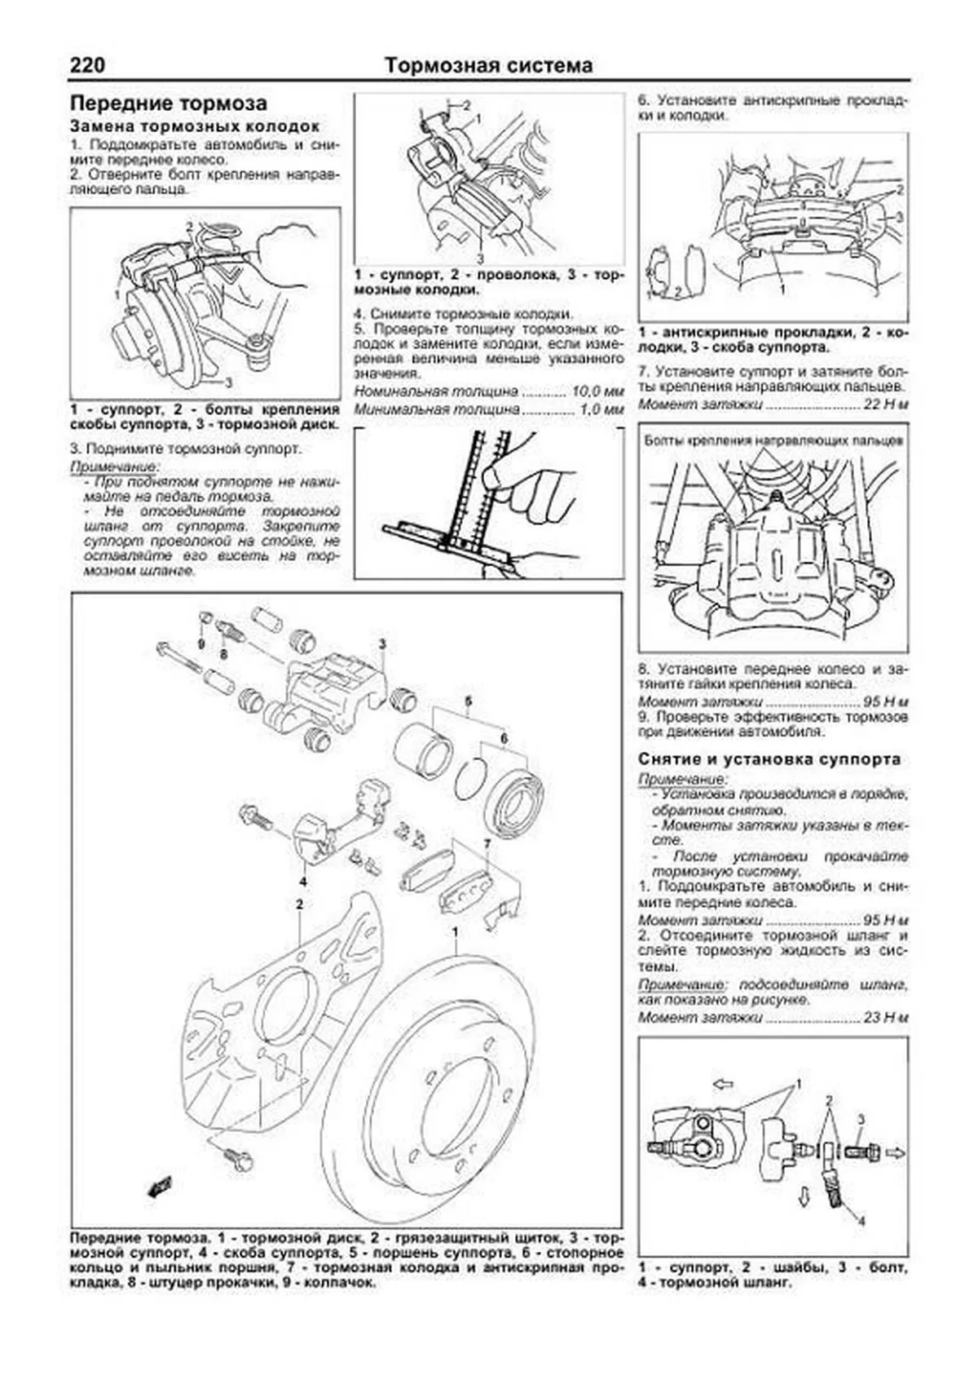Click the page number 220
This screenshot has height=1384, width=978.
(x=87, y=65)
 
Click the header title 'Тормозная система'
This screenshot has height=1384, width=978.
(x=488, y=65)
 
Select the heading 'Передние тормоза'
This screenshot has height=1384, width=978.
(x=169, y=104)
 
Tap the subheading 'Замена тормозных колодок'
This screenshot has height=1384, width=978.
(x=195, y=127)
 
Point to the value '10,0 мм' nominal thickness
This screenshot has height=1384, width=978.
(x=600, y=391)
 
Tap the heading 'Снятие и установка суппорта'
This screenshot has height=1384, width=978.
(x=769, y=759)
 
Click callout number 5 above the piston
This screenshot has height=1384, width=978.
(x=469, y=701)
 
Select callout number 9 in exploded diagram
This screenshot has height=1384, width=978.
(x=200, y=643)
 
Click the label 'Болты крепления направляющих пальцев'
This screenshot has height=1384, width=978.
(x=773, y=440)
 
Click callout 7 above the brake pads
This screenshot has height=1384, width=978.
(x=487, y=843)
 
